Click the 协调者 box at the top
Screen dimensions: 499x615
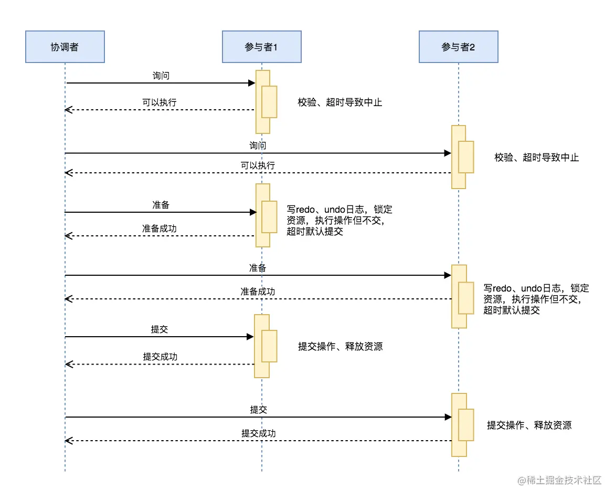(x=65, y=47)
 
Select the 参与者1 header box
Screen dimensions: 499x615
(x=261, y=47)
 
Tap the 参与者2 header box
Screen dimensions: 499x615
(x=458, y=47)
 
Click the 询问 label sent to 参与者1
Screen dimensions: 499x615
(x=161, y=76)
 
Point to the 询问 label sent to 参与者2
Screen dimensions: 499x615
(x=258, y=145)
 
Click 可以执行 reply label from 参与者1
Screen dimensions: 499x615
(x=160, y=102)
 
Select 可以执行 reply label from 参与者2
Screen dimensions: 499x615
(x=258, y=165)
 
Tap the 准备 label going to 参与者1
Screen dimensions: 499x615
(x=161, y=205)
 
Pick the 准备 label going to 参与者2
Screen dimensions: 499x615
(x=258, y=268)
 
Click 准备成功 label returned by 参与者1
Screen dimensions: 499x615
(x=160, y=228)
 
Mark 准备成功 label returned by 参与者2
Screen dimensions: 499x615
(x=258, y=292)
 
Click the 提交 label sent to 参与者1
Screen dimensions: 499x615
(x=160, y=330)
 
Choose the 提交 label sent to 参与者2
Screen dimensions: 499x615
(x=258, y=410)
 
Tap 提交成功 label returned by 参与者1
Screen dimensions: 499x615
(x=160, y=357)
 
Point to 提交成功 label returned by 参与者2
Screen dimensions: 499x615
(x=258, y=433)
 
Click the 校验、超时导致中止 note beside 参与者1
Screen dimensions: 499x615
(x=340, y=102)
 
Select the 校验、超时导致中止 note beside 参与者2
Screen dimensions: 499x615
(x=536, y=157)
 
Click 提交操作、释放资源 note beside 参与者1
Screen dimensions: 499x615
(x=340, y=346)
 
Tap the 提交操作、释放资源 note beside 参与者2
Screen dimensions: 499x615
(x=529, y=425)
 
